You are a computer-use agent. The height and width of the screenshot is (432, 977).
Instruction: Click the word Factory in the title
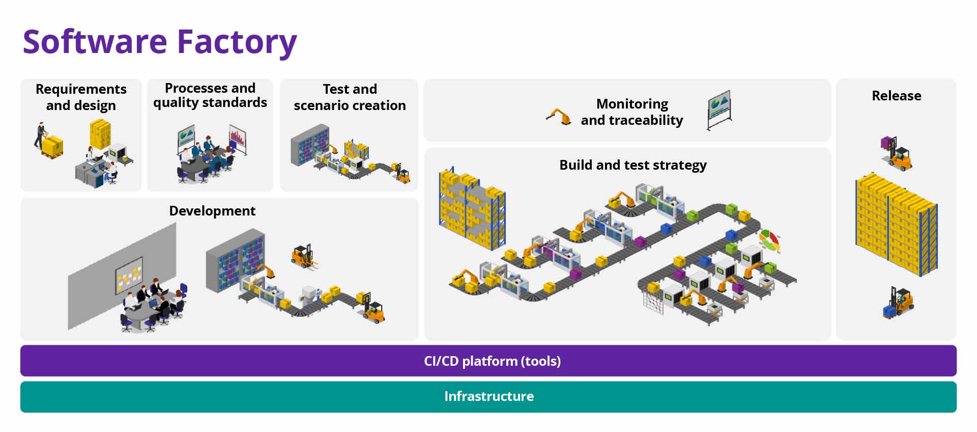(x=237, y=42)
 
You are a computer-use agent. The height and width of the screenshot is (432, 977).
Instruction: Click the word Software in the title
(x=95, y=42)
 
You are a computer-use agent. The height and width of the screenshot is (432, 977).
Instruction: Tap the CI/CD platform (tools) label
(x=492, y=361)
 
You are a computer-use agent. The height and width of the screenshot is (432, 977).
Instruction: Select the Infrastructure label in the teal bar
(x=489, y=396)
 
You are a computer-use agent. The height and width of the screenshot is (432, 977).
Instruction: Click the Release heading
(x=896, y=96)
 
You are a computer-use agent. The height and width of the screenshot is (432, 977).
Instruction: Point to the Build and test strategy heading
(x=633, y=165)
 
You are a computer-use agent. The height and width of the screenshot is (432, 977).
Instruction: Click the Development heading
(x=212, y=211)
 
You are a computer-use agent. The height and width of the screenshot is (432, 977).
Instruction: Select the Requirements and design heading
(x=81, y=97)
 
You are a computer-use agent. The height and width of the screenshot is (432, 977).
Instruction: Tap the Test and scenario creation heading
(x=350, y=97)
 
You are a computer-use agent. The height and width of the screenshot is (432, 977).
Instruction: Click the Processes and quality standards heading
(x=210, y=95)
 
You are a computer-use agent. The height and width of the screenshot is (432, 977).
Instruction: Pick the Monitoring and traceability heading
(x=632, y=112)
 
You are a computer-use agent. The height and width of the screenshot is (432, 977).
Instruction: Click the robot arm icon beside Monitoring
(x=559, y=117)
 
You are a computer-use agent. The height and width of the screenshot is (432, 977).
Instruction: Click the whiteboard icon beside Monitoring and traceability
(x=719, y=110)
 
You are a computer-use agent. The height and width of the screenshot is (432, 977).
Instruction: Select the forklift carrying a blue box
(x=898, y=303)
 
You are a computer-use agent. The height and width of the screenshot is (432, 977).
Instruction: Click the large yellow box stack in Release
(x=896, y=224)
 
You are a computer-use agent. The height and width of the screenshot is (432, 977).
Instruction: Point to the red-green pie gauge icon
(x=769, y=240)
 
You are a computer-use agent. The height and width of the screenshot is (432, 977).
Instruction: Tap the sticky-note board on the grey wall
(x=129, y=275)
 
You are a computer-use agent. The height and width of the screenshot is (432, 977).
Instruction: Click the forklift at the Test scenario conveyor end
(x=402, y=174)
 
